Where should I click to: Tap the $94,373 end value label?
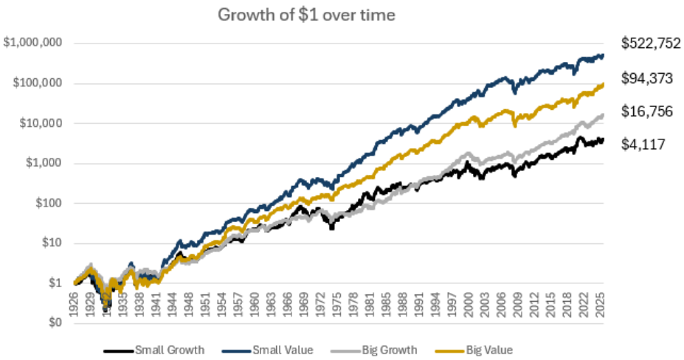tap(647, 78)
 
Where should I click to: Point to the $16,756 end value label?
tap(647, 111)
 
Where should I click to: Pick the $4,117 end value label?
tap(643, 145)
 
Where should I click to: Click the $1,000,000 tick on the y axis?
tap(33, 43)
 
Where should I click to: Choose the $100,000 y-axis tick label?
tap(36, 83)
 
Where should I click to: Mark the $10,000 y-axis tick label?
tap(40, 122)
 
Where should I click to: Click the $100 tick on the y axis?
tap(47, 203)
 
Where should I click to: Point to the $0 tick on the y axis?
tap(55, 322)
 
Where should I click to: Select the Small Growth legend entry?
tap(164, 349)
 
